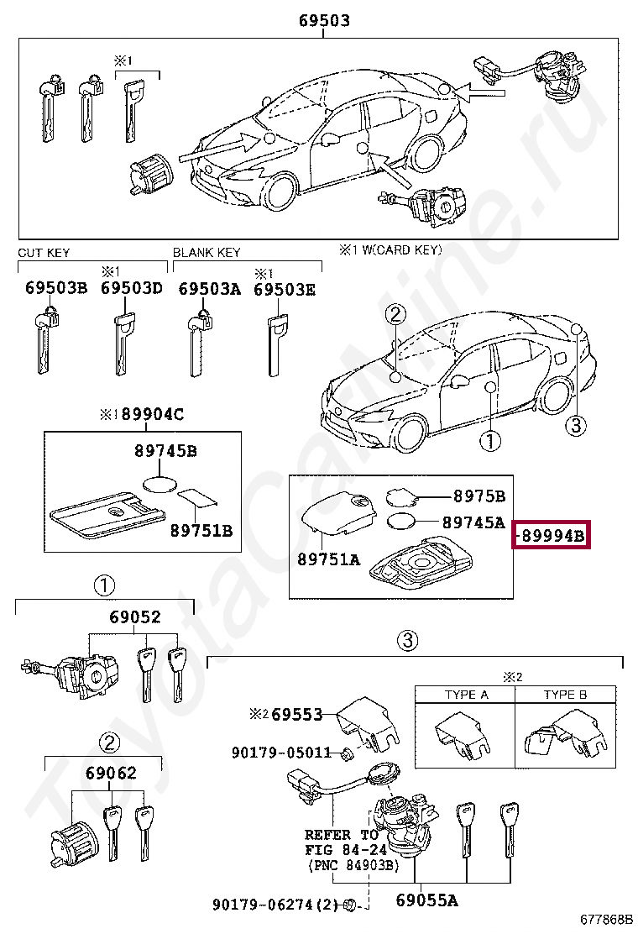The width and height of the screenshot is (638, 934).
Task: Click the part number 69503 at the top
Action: tap(324, 21)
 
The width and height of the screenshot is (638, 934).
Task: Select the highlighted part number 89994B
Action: tap(552, 534)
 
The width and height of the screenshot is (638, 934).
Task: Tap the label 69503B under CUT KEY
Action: tap(55, 288)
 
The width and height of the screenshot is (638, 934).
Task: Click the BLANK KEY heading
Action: tap(206, 252)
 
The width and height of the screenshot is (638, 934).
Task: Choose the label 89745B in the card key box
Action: tap(165, 451)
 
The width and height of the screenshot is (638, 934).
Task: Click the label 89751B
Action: tap(201, 530)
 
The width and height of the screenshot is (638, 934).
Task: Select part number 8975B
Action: tap(478, 496)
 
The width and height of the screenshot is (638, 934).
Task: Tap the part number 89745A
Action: tap(473, 522)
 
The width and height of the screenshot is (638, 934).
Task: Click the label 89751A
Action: tap(328, 559)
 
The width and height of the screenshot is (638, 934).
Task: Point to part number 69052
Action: tap(134, 617)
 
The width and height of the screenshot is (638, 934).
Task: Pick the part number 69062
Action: tap(110, 772)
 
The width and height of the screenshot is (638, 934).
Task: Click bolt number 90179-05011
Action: tap(281, 753)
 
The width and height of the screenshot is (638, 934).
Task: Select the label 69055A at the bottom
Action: tap(426, 902)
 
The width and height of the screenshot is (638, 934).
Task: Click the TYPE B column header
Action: tap(566, 695)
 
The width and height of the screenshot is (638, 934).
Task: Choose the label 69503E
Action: tap(285, 288)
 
